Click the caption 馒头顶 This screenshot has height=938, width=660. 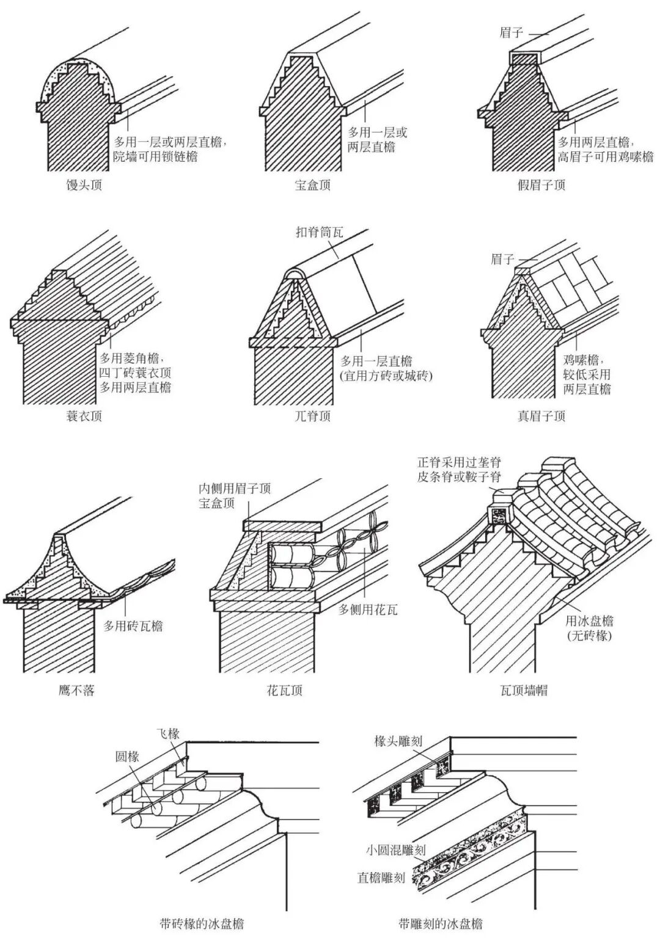tap(84, 185)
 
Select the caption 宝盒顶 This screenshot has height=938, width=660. tap(312, 185)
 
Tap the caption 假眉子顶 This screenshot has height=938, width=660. tap(541, 185)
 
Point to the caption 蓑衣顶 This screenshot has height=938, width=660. tap(84, 416)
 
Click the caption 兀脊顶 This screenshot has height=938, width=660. tap(312, 416)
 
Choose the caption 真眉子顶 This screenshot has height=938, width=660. tap(541, 416)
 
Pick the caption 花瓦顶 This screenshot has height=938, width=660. tap(284, 691)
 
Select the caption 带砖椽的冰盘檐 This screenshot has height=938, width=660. tap(202, 923)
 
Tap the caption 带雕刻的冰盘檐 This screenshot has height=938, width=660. tap(440, 923)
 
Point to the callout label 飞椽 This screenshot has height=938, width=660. tap(167, 733)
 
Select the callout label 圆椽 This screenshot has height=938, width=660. tap(128, 757)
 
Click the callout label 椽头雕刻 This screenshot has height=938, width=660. tap(398, 741)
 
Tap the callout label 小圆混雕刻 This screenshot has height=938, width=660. tap(395, 849)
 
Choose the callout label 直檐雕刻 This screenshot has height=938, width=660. tap(381, 878)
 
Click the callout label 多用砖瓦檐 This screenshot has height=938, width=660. tap(133, 626)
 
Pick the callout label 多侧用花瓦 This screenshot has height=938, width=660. tap(368, 609)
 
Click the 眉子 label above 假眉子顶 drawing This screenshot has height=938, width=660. tap(511, 32)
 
